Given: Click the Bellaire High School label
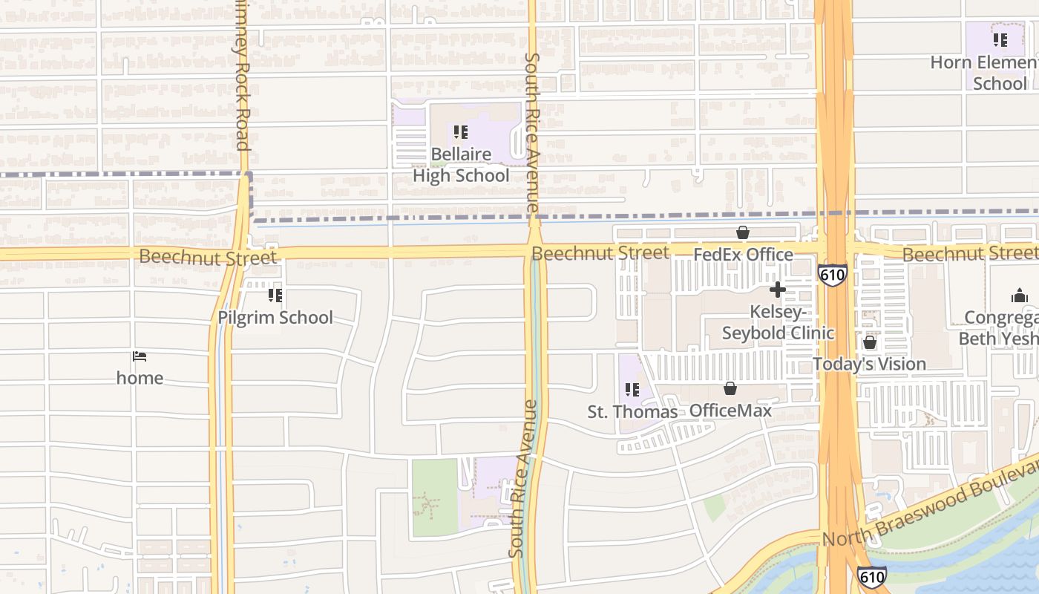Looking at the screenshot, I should [461, 166].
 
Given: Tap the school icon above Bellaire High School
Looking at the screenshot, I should [461, 133].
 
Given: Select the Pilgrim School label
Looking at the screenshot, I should [275, 318].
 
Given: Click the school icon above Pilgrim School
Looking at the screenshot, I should [275, 296].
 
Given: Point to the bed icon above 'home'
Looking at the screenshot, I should [140, 356].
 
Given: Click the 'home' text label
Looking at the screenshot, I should [140, 378].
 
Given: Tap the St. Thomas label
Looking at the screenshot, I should [632, 411].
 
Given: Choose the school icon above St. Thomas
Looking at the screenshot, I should [632, 390].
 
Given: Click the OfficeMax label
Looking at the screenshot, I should [730, 411].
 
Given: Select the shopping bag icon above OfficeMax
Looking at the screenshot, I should [730, 388].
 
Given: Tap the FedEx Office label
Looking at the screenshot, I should [743, 255].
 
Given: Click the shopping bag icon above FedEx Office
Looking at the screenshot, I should [743, 233].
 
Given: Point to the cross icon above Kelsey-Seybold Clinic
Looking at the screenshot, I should [778, 290].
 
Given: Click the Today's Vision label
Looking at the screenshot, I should [869, 365].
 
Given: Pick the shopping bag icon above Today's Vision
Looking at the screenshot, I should [869, 343].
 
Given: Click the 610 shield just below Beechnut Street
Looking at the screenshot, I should [833, 275].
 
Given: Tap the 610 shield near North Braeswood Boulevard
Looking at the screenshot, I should [871, 577].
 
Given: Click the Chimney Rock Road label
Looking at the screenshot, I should [241, 74].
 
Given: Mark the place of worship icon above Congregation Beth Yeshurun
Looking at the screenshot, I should [1019, 296].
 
